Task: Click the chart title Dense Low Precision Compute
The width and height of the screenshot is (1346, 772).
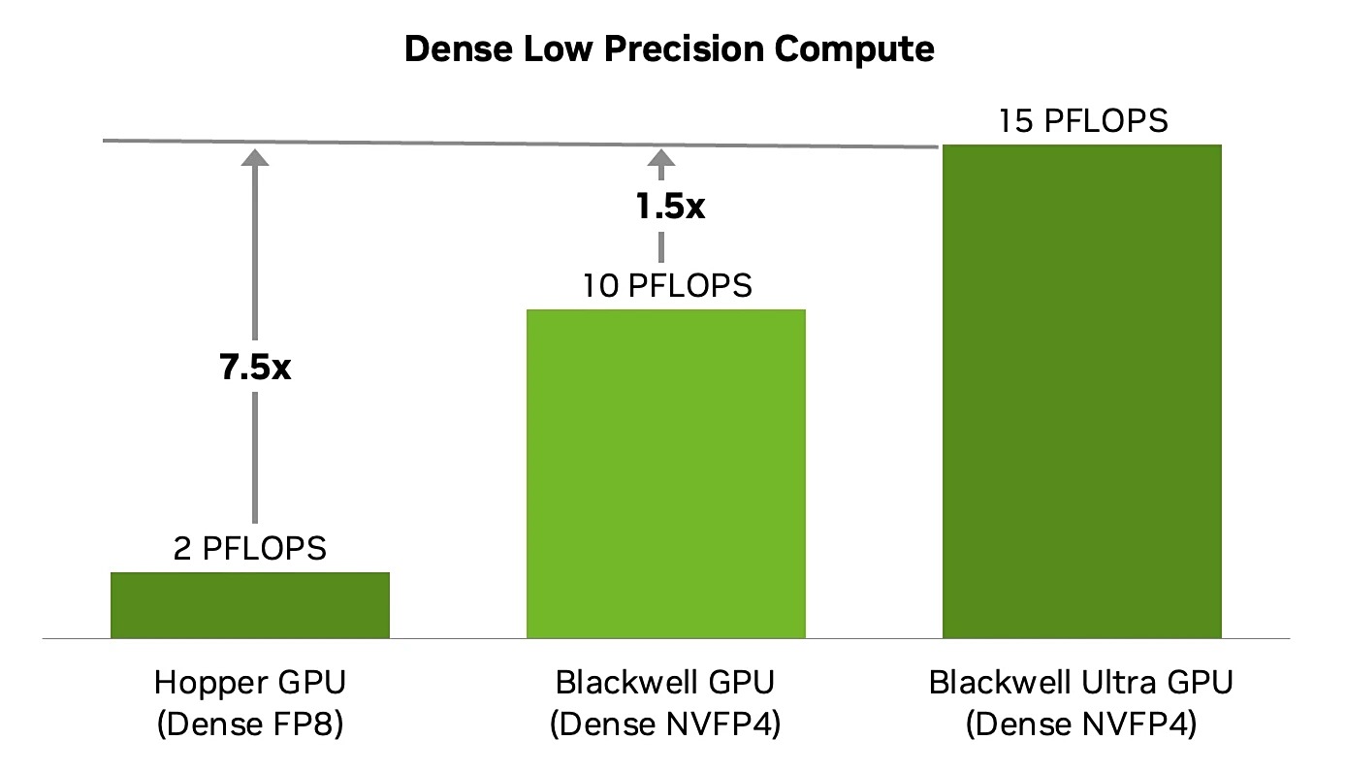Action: [x=669, y=48]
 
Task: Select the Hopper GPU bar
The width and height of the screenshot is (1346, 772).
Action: [x=250, y=605]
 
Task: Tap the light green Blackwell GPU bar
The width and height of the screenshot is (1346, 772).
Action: [x=665, y=473]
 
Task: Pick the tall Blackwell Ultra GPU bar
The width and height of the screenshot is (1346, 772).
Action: [x=1081, y=391]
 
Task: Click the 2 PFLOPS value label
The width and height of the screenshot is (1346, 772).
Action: [x=250, y=549]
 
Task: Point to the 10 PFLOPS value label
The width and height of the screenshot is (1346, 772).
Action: [x=667, y=286]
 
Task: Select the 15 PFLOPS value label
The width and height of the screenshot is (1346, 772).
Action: [x=1082, y=121]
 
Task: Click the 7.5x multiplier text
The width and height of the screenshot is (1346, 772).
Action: [x=255, y=369]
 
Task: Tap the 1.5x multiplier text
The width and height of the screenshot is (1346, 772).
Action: [x=669, y=208]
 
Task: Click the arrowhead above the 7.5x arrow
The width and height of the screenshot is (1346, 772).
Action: [x=255, y=158]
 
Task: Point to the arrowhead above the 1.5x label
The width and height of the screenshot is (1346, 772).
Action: [x=661, y=159]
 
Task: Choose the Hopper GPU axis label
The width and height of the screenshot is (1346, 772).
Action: [x=250, y=683]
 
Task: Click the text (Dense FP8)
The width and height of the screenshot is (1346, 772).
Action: [x=250, y=724]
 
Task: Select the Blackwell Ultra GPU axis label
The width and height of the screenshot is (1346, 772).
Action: [x=1081, y=683]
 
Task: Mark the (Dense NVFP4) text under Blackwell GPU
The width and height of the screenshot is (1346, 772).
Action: [x=665, y=724]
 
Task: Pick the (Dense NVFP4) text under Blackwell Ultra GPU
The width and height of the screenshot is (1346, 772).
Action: [x=1081, y=724]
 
